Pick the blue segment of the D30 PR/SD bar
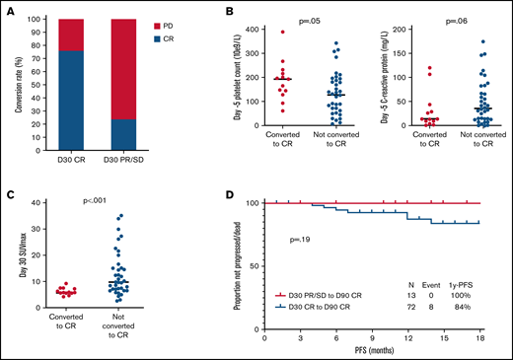pyautogui.click(x=153, y=135)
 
